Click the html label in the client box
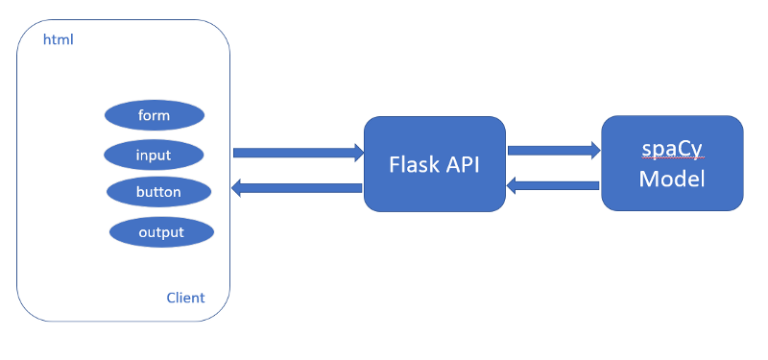point(59,40)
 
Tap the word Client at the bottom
point(185,298)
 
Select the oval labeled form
point(154,115)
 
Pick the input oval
point(154,155)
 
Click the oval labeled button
point(158,192)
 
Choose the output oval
point(161,231)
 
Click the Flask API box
point(434,164)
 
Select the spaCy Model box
point(672,164)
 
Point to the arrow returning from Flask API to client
point(298,188)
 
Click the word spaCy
point(672,150)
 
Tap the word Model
point(672,180)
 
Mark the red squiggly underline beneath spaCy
point(672,161)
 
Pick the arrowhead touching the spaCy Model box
point(595,150)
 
